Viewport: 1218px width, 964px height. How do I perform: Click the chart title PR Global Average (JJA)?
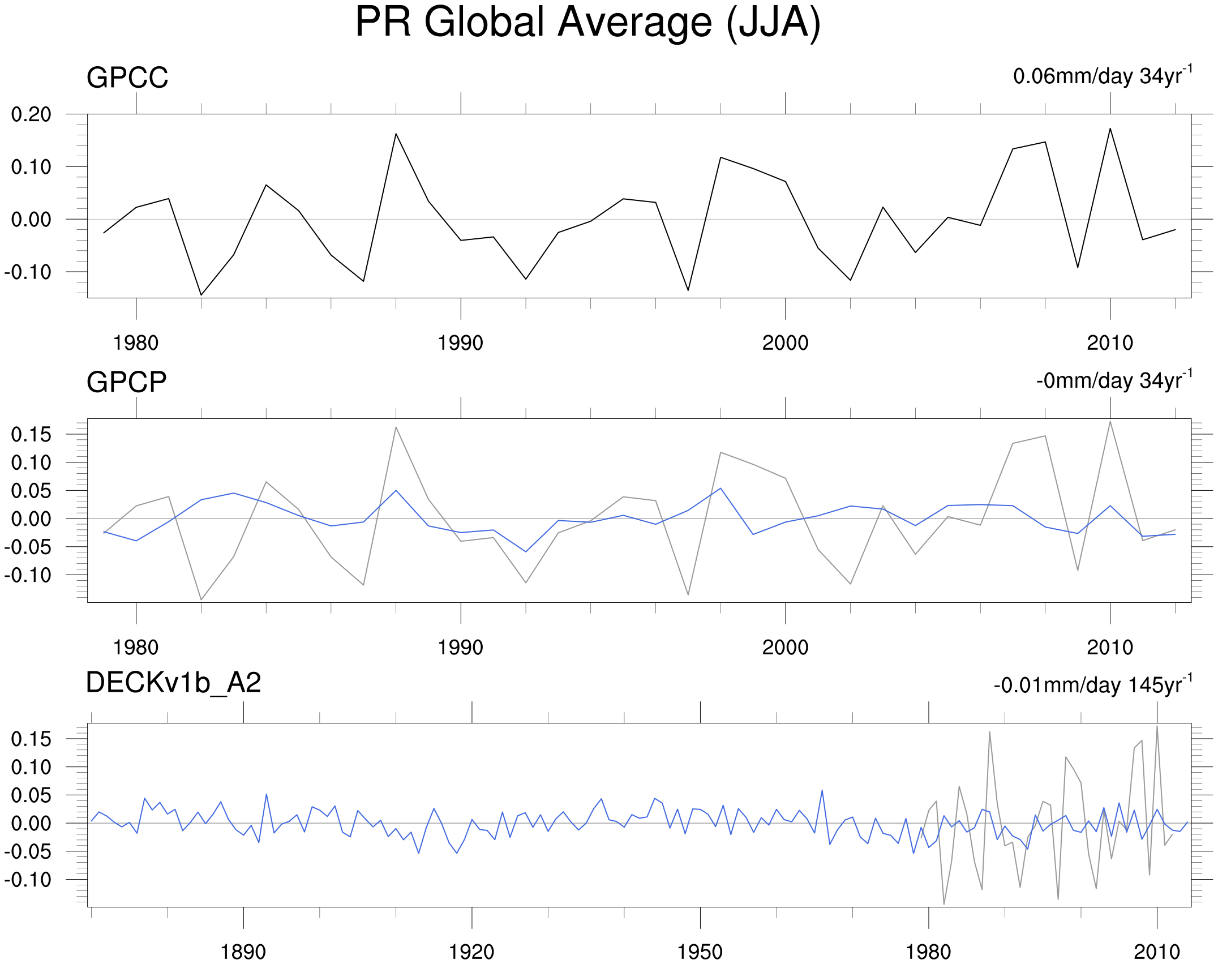click(587, 23)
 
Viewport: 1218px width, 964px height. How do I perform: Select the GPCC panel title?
click(127, 78)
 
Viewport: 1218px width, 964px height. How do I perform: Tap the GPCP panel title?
click(126, 382)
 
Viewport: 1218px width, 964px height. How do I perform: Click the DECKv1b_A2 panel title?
click(173, 683)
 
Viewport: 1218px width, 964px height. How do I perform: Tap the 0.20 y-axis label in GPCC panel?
click(31, 114)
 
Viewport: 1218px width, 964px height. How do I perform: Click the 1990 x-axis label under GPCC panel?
click(460, 343)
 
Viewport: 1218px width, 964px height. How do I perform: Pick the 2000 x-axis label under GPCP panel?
click(785, 648)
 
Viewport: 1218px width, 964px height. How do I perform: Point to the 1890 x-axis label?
click(243, 952)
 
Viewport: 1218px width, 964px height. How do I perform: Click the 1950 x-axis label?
click(700, 952)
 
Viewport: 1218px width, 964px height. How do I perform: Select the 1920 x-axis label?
click(471, 952)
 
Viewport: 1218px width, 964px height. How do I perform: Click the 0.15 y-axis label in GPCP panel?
click(31, 435)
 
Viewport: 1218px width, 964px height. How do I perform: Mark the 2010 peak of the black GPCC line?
click(1110, 128)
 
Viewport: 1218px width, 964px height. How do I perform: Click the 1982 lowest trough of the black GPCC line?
click(201, 295)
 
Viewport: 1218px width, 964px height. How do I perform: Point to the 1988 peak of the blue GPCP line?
click(396, 490)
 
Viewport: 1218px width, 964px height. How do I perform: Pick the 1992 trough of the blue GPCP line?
click(526, 551)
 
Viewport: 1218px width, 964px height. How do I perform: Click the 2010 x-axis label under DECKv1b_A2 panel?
click(1157, 952)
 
